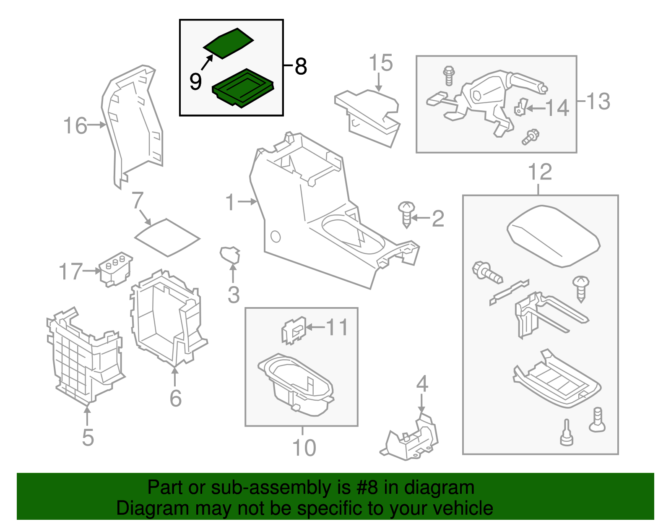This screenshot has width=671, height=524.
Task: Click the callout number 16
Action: coord(75,126)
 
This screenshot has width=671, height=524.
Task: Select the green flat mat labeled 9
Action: coord(229,43)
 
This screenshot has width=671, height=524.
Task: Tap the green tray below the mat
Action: coord(243,88)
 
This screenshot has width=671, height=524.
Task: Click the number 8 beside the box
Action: coord(301,66)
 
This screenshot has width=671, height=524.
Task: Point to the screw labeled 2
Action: coord(406,214)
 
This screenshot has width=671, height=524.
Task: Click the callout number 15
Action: coord(380,63)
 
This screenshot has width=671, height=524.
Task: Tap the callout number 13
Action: coord(598,101)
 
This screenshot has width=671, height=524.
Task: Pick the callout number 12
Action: coord(540,172)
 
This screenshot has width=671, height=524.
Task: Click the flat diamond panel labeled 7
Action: coord(167,237)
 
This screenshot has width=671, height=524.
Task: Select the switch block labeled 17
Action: coord(115,269)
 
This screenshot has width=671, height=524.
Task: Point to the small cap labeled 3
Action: coord(230,254)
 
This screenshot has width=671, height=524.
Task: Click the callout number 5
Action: coord(88,438)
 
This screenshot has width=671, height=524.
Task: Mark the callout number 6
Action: coord(175,398)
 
